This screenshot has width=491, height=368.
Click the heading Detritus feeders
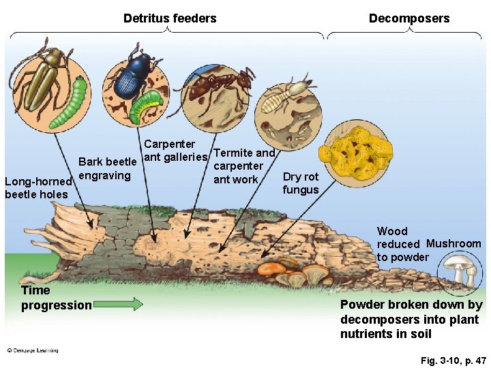click(170, 18)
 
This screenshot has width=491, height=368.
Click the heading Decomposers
click(409, 18)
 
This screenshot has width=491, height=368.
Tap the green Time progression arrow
click(119, 303)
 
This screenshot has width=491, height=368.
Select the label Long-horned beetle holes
click(38, 188)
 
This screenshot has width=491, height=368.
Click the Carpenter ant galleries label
click(175, 151)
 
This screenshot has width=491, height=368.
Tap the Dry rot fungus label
click(301, 183)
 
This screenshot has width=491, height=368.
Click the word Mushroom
click(453, 243)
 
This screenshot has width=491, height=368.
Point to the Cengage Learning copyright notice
click(32, 350)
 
